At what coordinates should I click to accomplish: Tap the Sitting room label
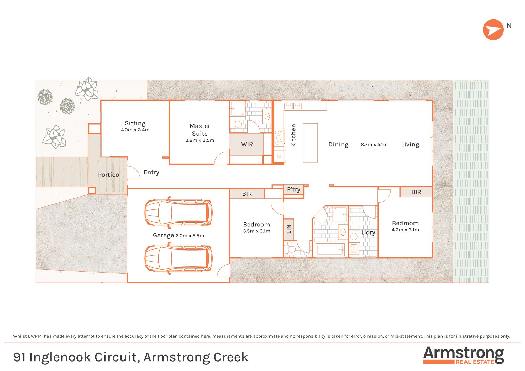[135, 123]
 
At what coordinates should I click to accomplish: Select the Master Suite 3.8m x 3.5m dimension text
[199, 140]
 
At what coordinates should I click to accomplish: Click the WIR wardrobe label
[247, 144]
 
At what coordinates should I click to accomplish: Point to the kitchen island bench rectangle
[310, 143]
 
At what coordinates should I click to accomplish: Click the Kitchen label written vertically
[293, 135]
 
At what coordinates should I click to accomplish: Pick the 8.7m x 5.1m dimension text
[374, 145]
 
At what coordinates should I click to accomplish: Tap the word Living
[410, 145]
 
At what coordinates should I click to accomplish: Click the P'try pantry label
[293, 189]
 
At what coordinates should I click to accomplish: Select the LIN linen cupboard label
[289, 229]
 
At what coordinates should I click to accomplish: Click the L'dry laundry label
[368, 232]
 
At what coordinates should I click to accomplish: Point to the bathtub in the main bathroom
[330, 250]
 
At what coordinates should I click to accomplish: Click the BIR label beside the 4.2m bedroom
[416, 192]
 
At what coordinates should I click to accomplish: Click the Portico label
[108, 175]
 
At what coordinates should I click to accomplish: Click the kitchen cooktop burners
[279, 137]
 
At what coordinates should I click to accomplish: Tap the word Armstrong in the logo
[463, 353]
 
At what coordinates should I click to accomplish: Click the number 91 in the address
[19, 357]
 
